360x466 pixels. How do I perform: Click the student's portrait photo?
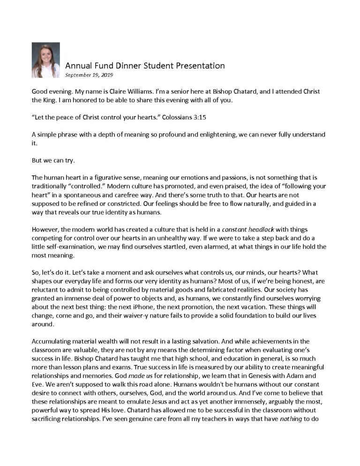click(45, 60)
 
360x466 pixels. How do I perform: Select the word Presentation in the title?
click(198, 66)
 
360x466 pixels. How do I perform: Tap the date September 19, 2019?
click(89, 75)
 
